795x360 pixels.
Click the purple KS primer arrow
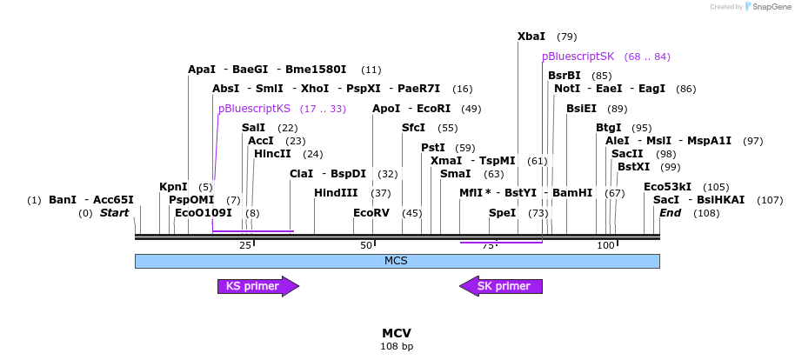click(257, 286)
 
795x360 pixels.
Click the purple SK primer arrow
click(501, 286)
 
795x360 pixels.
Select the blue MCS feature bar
click(397, 261)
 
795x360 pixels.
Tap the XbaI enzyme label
click(531, 37)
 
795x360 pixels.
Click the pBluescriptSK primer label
click(578, 57)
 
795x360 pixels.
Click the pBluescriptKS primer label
click(254, 109)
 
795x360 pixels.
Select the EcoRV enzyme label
click(371, 212)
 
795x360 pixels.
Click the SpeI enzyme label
click(502, 212)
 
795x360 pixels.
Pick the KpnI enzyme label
click(173, 187)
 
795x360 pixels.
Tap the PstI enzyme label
click(435, 148)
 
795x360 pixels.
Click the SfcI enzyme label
click(413, 128)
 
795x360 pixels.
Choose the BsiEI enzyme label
click(582, 109)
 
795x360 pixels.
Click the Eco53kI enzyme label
click(667, 187)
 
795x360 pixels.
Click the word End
click(670, 212)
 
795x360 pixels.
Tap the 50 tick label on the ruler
click(365, 246)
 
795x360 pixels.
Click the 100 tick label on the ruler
click(606, 246)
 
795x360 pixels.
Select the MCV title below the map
click(397, 333)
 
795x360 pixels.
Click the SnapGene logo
click(766, 7)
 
